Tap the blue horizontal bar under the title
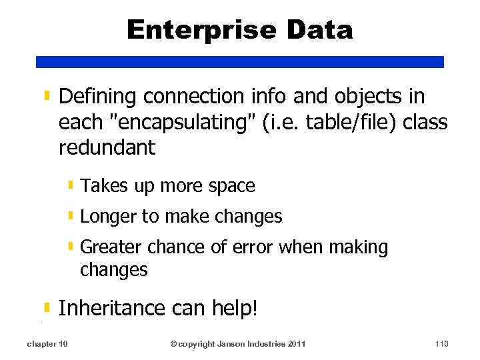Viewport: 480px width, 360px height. click(x=240, y=61)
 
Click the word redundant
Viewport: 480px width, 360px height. click(x=107, y=147)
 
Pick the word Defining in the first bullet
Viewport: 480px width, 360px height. click(x=98, y=97)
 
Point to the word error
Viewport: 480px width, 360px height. click(x=252, y=247)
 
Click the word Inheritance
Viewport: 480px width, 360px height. click(x=111, y=308)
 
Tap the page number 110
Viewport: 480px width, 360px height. click(x=441, y=344)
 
